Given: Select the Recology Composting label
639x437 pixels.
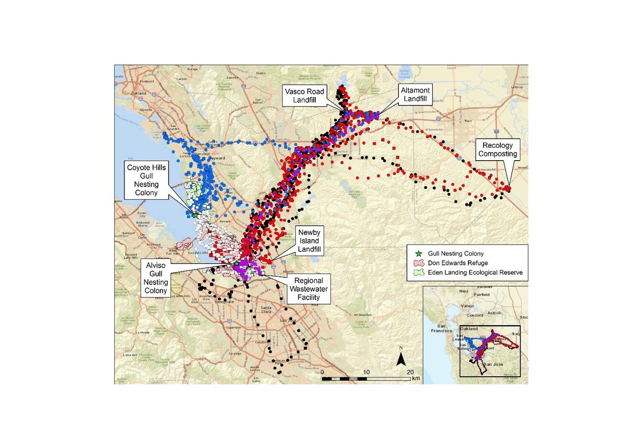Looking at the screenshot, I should pos(497,150).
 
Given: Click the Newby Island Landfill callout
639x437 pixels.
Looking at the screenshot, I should pos(309,240).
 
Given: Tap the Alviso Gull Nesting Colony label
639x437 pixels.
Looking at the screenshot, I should pos(156,277).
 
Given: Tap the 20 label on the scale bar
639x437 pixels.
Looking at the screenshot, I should pos(410,371).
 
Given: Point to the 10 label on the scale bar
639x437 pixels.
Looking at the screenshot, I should pos(367,371).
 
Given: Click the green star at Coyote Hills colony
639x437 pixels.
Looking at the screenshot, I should pos(196,215).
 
